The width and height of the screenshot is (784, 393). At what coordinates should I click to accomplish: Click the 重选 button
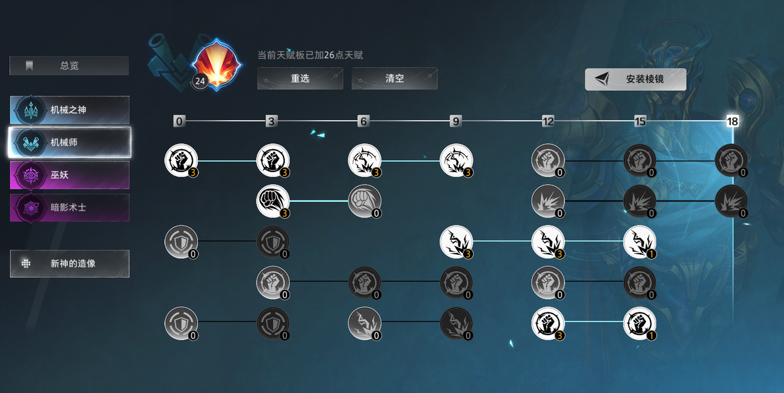(300, 78)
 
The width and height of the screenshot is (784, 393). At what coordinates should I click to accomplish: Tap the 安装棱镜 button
(635, 79)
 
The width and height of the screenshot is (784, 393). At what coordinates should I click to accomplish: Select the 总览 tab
(69, 66)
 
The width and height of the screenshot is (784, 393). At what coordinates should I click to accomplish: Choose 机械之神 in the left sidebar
(70, 110)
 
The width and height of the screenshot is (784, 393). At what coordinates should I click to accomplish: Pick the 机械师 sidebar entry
(70, 143)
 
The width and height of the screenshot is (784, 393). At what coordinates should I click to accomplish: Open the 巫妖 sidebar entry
(70, 175)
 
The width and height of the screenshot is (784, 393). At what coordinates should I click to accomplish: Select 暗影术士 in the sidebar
(70, 207)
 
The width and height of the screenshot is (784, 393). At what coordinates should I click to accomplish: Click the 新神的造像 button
(70, 263)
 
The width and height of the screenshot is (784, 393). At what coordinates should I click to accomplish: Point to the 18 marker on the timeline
(732, 121)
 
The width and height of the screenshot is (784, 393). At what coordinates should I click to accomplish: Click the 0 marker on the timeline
(179, 121)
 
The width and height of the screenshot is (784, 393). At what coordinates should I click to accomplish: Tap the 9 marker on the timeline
(456, 121)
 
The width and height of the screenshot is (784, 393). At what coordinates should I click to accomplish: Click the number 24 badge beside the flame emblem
(200, 81)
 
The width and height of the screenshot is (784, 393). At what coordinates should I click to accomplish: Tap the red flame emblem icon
(216, 64)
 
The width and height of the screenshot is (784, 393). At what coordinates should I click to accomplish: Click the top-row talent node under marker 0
(181, 160)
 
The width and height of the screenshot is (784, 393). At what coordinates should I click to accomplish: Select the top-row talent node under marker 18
(731, 160)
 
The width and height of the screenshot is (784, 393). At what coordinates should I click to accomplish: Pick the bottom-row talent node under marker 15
(639, 323)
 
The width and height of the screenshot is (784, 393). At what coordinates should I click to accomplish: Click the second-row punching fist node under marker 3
(273, 201)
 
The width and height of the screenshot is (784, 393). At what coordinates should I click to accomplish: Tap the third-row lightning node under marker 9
(456, 242)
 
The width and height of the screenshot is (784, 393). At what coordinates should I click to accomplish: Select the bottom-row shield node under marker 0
(181, 323)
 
